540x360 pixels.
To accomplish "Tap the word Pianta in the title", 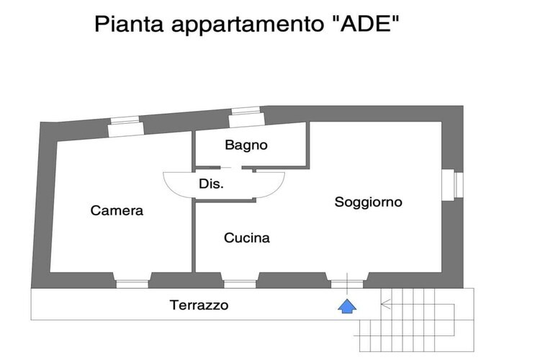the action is (129, 24).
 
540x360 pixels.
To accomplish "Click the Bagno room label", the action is (246, 145).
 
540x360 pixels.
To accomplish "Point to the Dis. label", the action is (211, 184).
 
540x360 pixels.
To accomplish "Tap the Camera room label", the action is (117, 210).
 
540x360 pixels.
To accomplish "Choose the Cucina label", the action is (246, 238).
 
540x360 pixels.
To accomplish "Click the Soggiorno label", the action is (368, 202).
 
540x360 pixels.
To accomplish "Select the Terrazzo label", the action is (199, 305).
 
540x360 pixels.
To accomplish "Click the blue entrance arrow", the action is (347, 306).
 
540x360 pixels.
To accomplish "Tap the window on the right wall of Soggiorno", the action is (452, 184).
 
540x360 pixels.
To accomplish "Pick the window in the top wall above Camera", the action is (125, 127).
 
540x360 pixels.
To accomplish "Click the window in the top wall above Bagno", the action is (246, 117).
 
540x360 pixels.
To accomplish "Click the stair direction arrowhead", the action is (385, 304).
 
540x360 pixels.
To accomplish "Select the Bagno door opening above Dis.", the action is (230, 168).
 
